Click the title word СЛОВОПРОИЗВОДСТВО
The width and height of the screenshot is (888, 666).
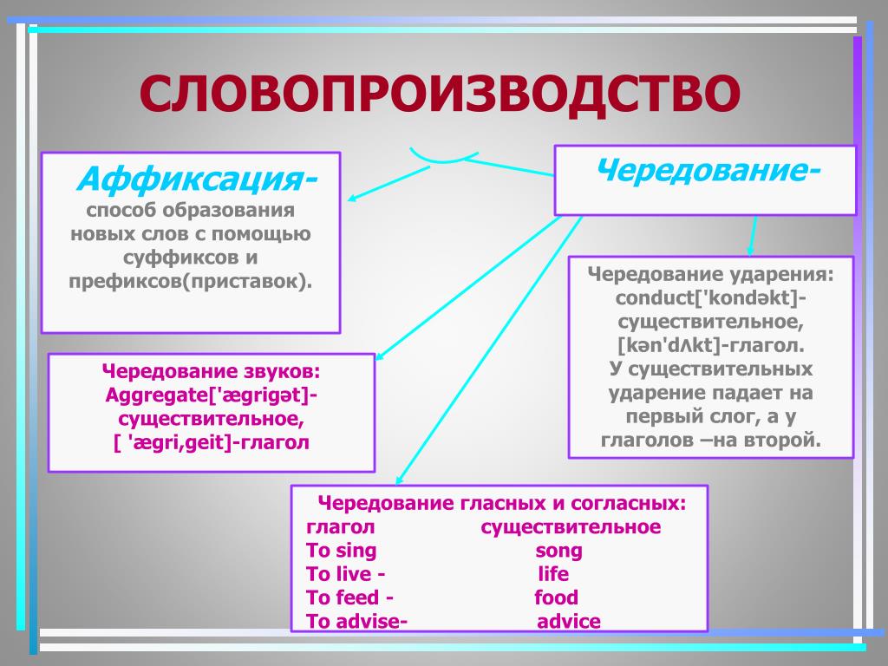(441, 95)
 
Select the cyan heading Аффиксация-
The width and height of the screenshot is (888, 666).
(196, 180)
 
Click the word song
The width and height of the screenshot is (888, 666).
(558, 551)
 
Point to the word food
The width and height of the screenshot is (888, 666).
(556, 597)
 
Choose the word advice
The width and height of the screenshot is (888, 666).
(568, 621)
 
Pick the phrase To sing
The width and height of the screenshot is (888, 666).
(342, 551)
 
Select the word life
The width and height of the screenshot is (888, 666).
(553, 574)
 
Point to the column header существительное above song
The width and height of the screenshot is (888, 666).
(571, 527)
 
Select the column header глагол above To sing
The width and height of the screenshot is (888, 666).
(341, 527)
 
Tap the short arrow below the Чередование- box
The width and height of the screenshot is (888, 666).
(753, 235)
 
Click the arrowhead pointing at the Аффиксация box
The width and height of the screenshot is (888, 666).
(354, 199)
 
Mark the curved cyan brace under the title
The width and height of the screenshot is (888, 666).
(443, 157)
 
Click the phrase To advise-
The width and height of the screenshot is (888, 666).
(356, 621)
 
